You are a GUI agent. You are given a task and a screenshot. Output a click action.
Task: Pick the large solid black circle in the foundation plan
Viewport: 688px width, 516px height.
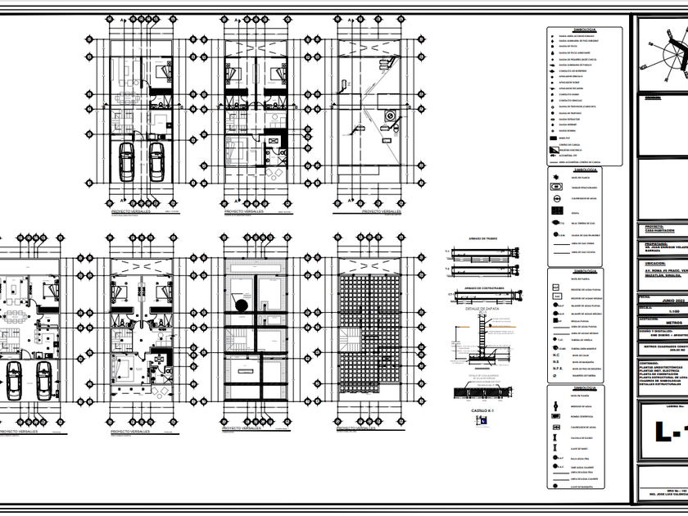click(240, 306)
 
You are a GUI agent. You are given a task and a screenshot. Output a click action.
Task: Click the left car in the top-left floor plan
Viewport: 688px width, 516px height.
click(127, 161)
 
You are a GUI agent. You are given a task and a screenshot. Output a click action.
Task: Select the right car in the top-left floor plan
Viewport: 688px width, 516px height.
click(156, 161)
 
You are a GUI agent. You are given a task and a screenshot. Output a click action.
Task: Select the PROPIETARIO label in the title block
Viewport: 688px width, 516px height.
click(655, 242)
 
